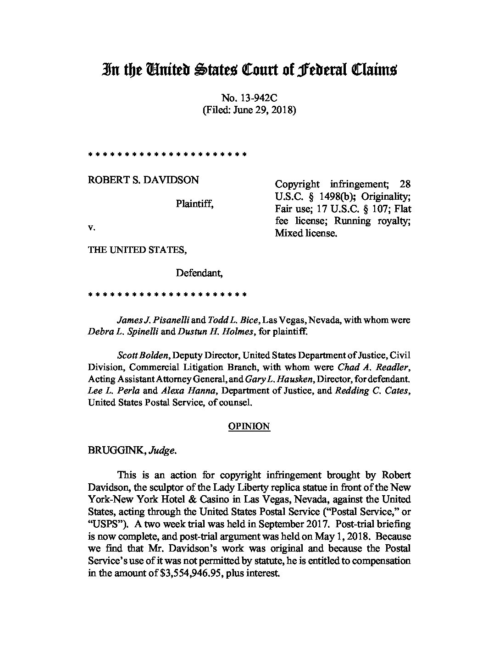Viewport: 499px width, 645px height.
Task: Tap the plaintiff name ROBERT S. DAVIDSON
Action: [x=143, y=180]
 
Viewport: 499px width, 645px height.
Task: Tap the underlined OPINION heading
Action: [x=249, y=426]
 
